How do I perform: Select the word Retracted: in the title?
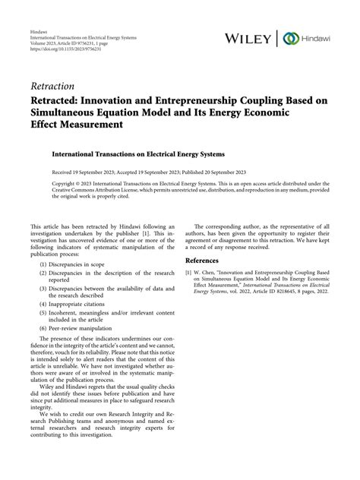(x=59, y=100)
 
